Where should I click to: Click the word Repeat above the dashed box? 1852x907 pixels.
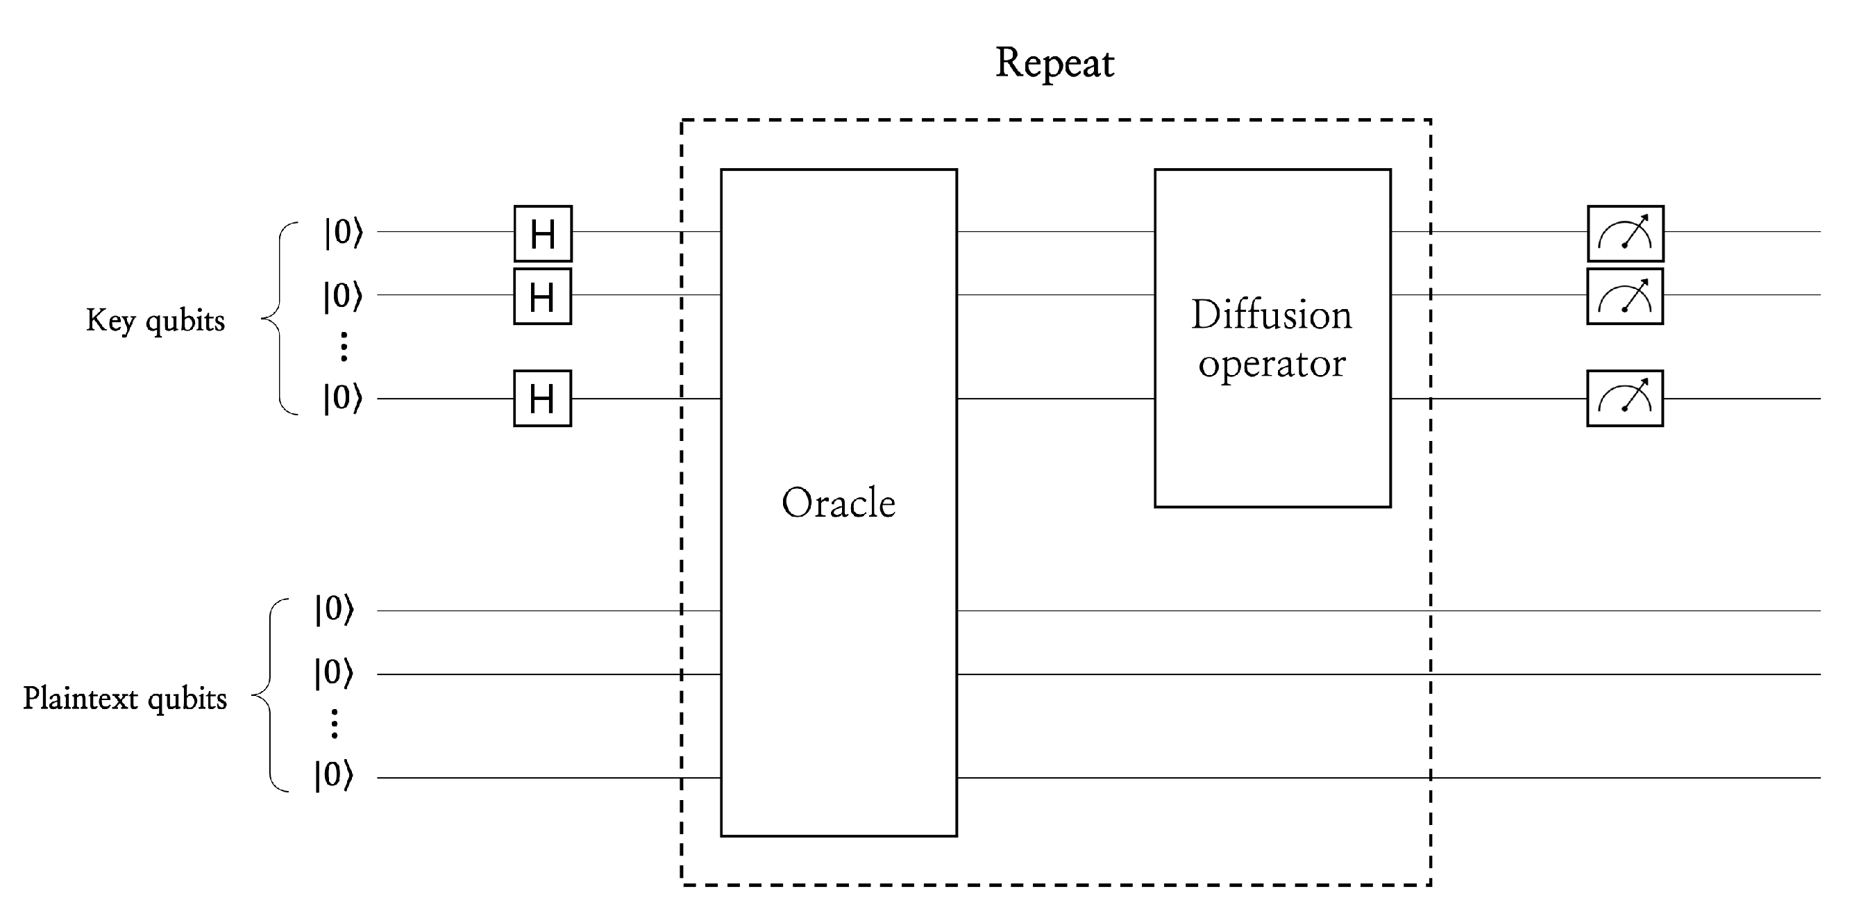[x=1054, y=63]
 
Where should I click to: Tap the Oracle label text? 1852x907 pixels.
[x=839, y=503]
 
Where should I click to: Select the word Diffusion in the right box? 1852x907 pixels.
[x=1271, y=315]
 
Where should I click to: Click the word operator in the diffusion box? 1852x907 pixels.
[x=1271, y=364]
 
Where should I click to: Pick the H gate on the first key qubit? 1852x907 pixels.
[x=543, y=234]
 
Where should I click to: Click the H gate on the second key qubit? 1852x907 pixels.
[x=542, y=297]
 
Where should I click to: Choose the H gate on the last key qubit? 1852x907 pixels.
[x=542, y=399]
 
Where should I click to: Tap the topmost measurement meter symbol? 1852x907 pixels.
[x=1625, y=234]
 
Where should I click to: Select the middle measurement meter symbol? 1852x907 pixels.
[x=1625, y=297]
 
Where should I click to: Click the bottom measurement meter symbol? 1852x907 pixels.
[x=1625, y=399]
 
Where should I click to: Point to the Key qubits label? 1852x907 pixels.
[x=155, y=320]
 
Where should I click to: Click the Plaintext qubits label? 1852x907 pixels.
[x=125, y=699]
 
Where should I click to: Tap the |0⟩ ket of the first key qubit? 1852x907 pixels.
[x=344, y=233]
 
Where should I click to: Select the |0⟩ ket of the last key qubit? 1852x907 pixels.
[x=343, y=398]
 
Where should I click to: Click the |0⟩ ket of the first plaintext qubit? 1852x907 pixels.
[x=335, y=609]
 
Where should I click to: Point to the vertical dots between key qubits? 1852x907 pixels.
[x=344, y=347]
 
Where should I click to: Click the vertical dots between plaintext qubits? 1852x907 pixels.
[x=335, y=724]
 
